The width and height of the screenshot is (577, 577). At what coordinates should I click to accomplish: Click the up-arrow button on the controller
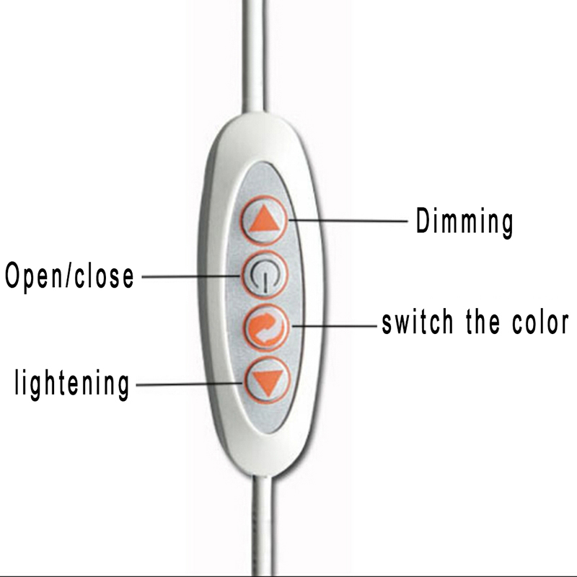[264, 221]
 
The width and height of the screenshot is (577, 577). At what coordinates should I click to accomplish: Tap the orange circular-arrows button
[265, 327]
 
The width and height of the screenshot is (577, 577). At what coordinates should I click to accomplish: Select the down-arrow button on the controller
[268, 381]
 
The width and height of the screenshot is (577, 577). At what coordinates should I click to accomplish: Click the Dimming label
[464, 222]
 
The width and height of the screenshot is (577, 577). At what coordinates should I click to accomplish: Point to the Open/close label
[69, 277]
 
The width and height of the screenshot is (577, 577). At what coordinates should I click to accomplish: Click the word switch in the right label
[418, 322]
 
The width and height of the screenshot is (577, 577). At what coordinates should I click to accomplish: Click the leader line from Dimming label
[348, 221]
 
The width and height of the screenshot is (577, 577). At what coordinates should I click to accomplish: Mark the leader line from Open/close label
[191, 276]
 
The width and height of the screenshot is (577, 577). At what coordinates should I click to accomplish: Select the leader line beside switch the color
[335, 326]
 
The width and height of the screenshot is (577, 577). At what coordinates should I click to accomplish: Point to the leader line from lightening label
[190, 384]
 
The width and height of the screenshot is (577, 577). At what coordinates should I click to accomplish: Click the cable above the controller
[254, 56]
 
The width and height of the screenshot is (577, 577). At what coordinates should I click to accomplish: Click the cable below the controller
[263, 527]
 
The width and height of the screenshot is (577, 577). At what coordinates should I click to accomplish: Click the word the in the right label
[483, 322]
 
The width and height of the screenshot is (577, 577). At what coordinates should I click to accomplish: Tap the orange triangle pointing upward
[264, 220]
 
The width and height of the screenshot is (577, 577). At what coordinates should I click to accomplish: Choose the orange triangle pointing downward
[268, 383]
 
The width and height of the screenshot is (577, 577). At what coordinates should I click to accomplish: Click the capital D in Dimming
[423, 220]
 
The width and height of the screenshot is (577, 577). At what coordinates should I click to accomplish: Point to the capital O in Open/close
[12, 275]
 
